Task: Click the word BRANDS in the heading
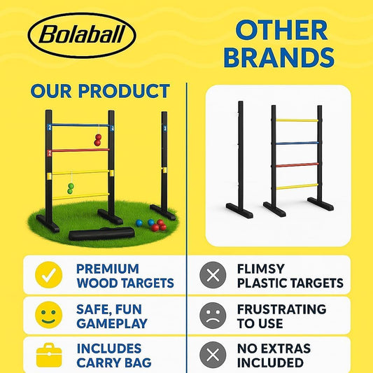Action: [280, 58]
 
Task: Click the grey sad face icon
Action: [213, 315]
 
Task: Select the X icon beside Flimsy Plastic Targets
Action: [213, 275]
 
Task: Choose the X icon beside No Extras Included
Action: [213, 354]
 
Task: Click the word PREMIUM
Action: [108, 269]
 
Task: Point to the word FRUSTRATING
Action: [281, 309]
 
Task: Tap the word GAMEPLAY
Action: [112, 323]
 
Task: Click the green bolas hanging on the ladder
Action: [71, 188]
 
